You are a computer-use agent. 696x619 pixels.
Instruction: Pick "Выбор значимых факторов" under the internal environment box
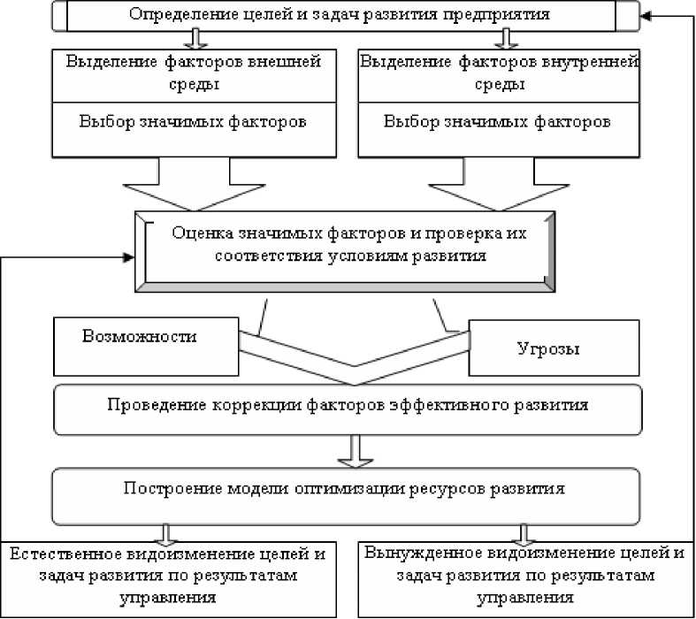click(496, 121)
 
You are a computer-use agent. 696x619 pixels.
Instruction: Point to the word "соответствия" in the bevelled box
click(220, 257)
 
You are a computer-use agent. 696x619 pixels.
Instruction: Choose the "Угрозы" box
click(548, 348)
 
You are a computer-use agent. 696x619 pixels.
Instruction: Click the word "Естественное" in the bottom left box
click(57, 555)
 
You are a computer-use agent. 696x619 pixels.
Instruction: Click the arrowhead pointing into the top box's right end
click(649, 14)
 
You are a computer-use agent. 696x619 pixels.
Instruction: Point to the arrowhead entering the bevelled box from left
click(129, 257)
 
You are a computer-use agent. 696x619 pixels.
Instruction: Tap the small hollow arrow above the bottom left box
click(164, 533)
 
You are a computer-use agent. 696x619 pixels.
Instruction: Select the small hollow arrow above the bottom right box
click(524, 533)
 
